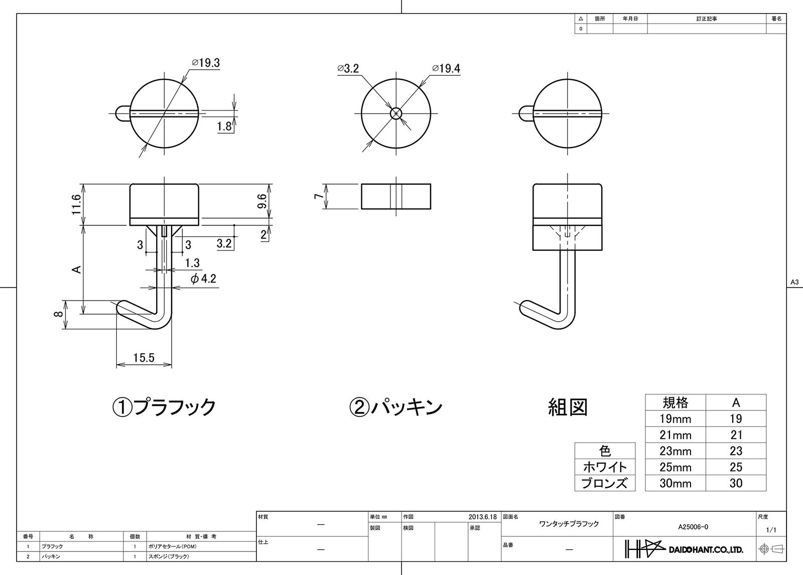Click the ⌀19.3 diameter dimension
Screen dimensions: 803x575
pos(206,63)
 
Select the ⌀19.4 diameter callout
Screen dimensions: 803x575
pos(446,68)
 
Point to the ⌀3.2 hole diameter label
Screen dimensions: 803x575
pos(348,68)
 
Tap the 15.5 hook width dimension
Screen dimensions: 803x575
pos(144,357)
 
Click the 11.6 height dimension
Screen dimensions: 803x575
pos(76,204)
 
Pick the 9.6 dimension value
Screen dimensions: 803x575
pos(262,201)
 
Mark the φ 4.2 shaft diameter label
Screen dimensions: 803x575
pos(203,278)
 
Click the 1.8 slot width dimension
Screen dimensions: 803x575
pos(224,126)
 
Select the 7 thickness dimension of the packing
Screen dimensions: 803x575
pos(318,196)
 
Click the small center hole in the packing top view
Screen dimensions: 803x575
pos(396,113)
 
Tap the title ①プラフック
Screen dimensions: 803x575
pos(164,407)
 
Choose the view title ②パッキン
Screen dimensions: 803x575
pos(396,407)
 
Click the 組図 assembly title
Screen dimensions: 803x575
pos(568,407)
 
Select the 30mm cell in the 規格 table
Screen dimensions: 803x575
pos(676,483)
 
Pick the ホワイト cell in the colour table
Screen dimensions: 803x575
pos(605,467)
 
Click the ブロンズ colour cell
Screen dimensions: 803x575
pos(605,483)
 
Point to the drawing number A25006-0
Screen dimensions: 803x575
pos(693,527)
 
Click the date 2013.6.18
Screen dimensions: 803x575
pos(482,517)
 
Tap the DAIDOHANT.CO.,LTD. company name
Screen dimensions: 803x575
pos(706,550)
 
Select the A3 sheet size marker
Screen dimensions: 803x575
pos(794,282)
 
